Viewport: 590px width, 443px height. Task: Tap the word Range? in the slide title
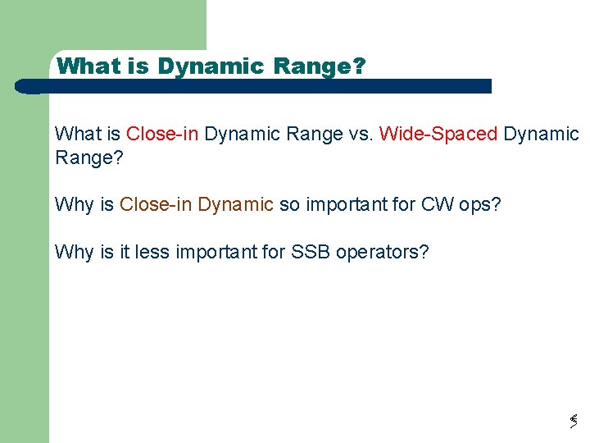[313, 66]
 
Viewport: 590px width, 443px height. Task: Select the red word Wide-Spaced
[438, 134]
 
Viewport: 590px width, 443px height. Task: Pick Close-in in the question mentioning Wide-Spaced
[162, 134]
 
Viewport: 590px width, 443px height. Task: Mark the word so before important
[289, 204]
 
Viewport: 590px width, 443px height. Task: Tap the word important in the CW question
[344, 204]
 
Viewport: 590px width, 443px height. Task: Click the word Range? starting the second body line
[88, 158]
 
